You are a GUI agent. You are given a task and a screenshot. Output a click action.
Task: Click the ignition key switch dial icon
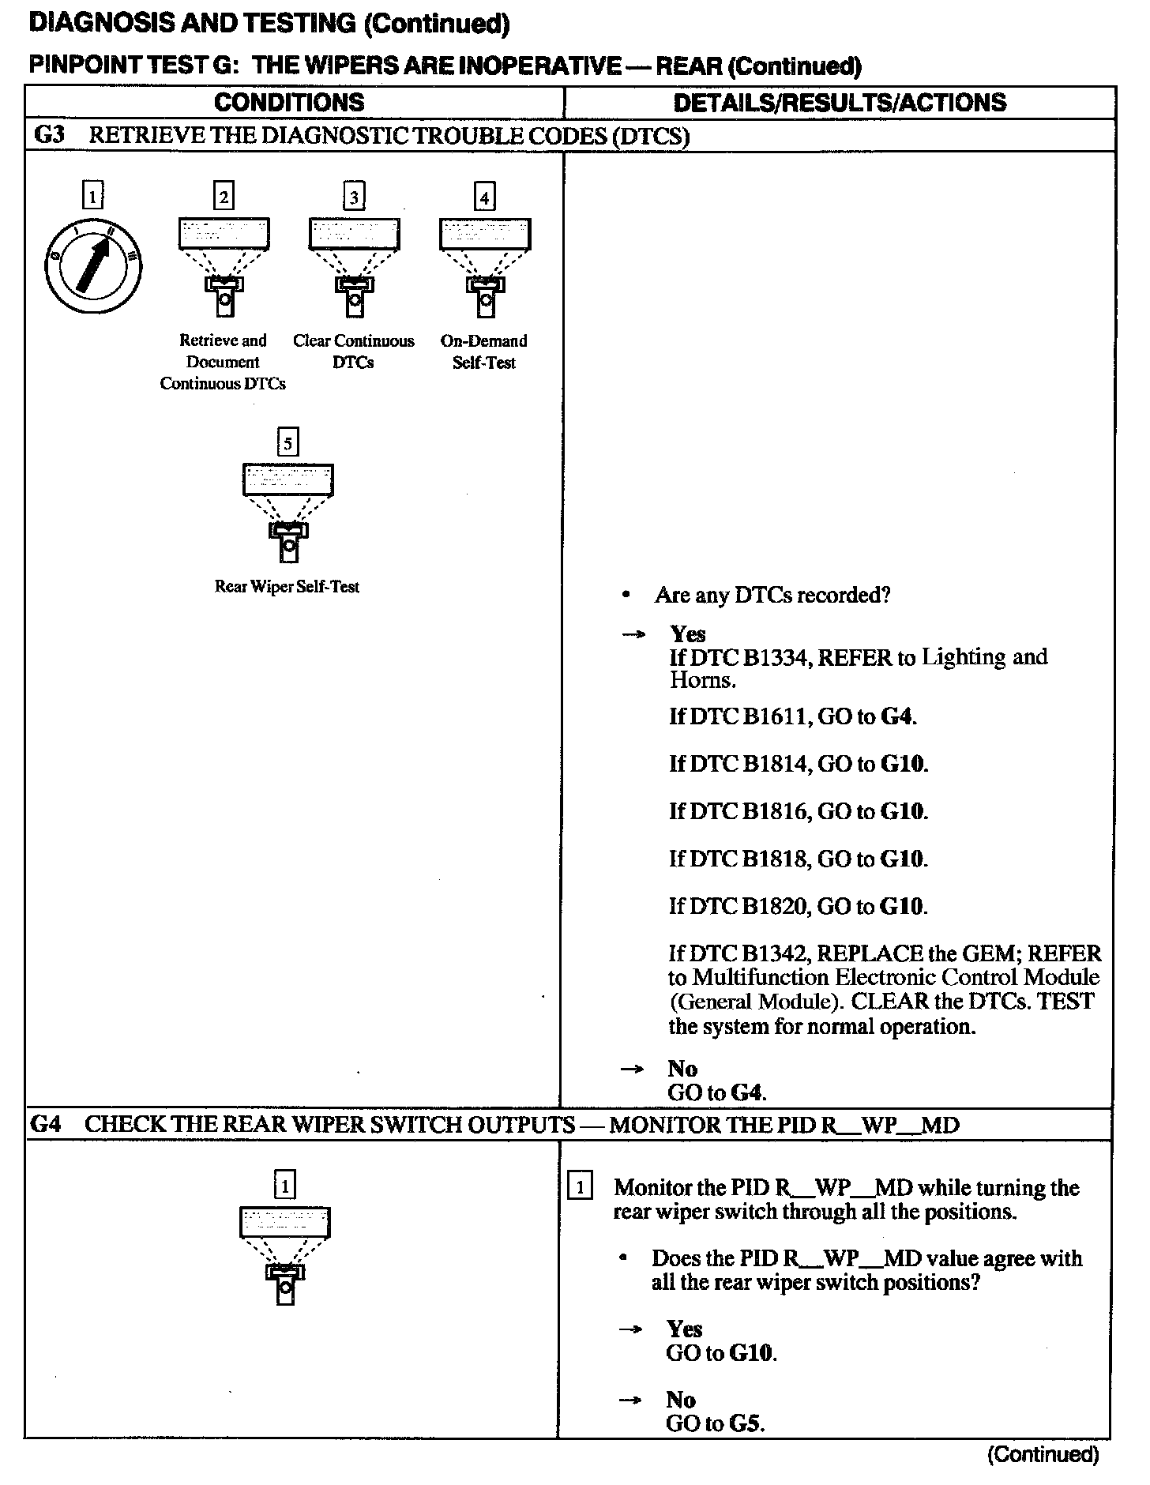point(93,265)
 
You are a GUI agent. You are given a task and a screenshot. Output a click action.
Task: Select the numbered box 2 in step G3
point(224,195)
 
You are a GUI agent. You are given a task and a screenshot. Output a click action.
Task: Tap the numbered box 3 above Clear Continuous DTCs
point(354,195)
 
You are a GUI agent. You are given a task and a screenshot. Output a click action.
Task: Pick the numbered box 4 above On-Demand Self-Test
point(484,195)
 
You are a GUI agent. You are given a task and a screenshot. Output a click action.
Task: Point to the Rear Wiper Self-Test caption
point(287,586)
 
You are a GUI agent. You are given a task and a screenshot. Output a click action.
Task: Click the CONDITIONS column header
point(289,102)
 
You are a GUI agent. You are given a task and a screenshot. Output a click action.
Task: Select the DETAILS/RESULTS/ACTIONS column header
point(840,102)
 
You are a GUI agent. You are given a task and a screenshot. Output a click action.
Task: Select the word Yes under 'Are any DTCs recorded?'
point(688,633)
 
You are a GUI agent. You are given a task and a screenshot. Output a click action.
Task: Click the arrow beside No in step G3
point(632,1069)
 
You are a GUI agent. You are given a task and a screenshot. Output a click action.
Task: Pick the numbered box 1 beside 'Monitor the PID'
point(580,1186)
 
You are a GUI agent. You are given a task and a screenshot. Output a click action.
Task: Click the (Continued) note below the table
point(1043,1453)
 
